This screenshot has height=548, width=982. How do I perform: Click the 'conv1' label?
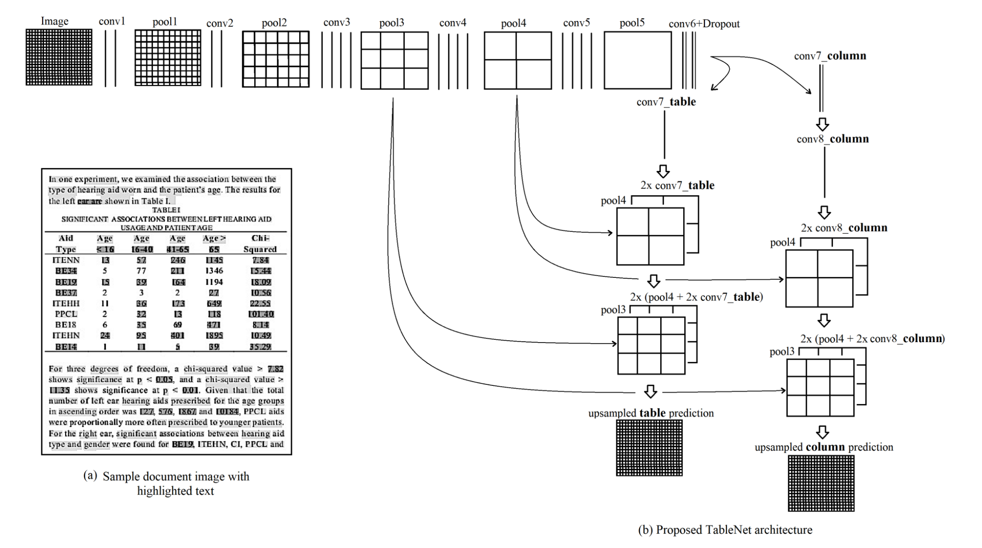pos(112,22)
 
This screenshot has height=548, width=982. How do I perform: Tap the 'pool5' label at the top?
pos(631,23)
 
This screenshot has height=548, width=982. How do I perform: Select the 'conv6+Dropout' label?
pos(704,24)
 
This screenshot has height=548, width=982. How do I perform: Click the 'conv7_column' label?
pos(830,56)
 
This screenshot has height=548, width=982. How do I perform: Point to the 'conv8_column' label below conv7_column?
pos(832,139)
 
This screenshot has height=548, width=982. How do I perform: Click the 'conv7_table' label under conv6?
pos(666,102)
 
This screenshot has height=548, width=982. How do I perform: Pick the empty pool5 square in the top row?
pos(637,60)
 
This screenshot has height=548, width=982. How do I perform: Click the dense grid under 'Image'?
pos(59,57)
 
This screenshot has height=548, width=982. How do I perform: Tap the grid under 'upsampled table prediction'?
pos(649,448)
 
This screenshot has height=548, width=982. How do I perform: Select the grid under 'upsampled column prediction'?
pos(821,483)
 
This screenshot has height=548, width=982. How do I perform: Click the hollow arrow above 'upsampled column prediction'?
pos(822,432)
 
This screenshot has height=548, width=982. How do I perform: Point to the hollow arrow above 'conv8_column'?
pos(822,125)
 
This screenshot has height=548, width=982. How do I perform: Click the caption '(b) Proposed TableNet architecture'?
pos(725,530)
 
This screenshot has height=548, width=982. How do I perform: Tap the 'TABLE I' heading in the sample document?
pos(166,210)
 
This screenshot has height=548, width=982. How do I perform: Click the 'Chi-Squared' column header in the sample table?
pos(260,243)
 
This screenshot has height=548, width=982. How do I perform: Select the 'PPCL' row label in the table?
pos(66,314)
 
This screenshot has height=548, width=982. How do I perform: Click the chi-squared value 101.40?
pos(261,314)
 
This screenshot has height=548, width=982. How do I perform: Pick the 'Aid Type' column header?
pos(66,243)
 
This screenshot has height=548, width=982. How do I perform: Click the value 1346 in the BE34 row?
pos(214,271)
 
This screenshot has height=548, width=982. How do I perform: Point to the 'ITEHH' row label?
pos(66,303)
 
